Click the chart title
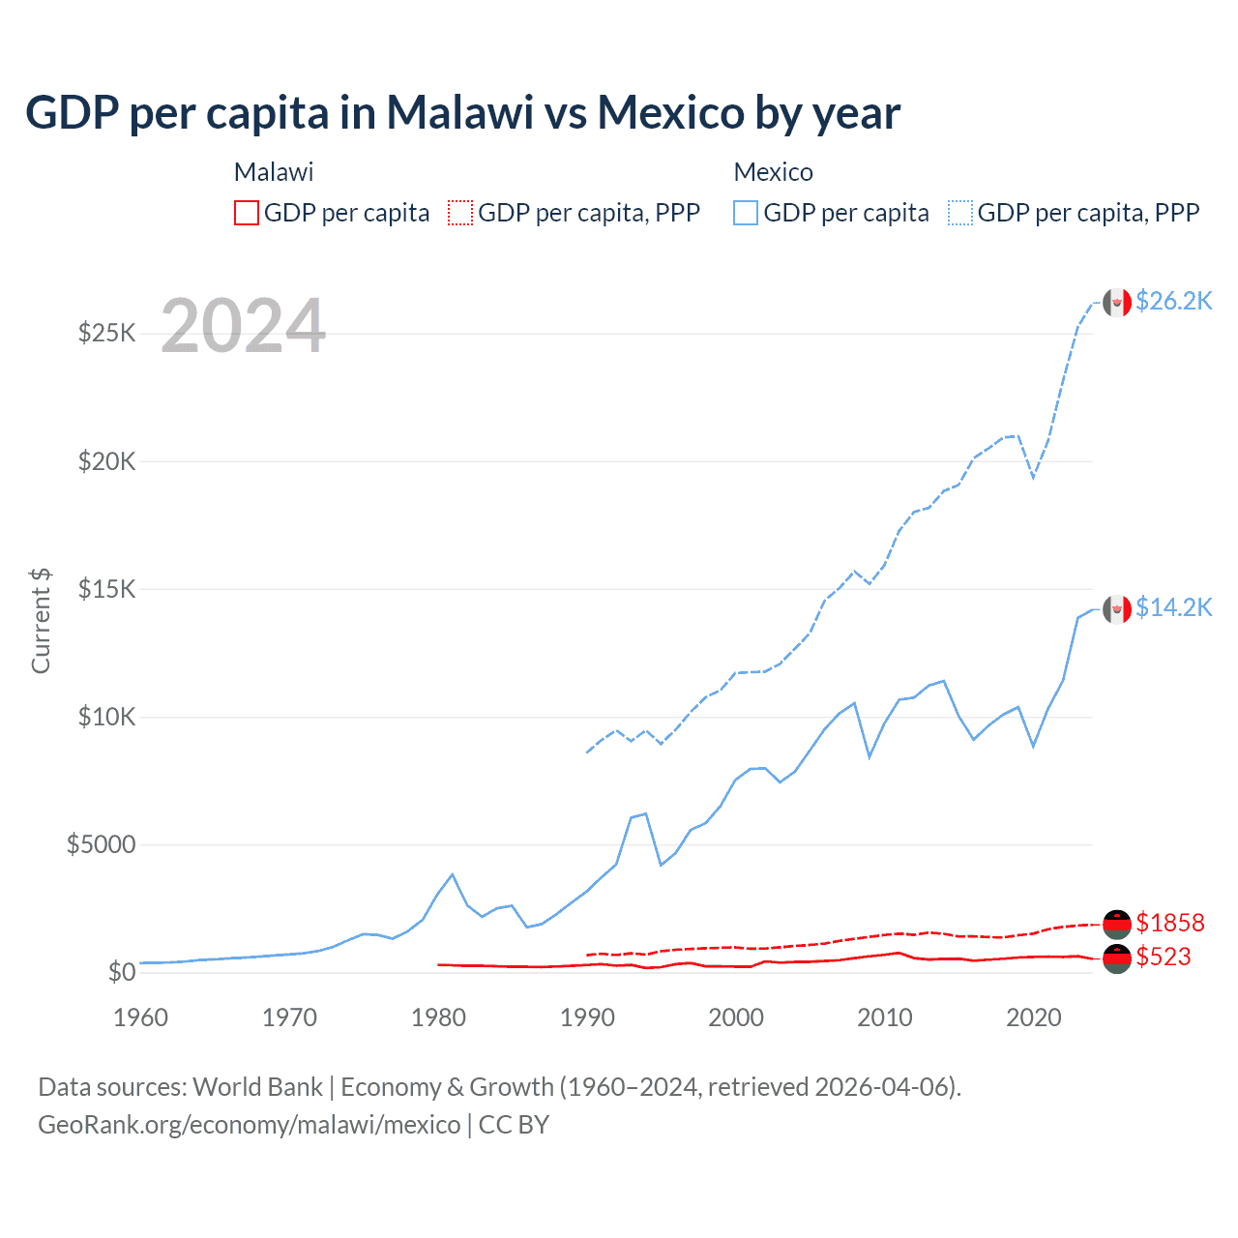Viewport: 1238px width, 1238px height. [x=462, y=113]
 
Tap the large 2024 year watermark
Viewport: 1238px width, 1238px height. [x=243, y=326]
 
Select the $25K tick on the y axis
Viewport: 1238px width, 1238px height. [x=107, y=334]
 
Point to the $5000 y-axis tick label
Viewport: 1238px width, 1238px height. [x=101, y=844]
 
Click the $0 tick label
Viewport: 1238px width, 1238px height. [x=121, y=972]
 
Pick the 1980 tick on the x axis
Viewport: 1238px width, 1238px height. [x=438, y=1017]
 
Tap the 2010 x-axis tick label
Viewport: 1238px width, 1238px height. [x=885, y=1017]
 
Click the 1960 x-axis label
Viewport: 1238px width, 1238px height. [x=141, y=1017]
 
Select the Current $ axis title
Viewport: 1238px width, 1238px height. [x=41, y=620]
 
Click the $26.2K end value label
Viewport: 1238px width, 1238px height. [x=1173, y=302]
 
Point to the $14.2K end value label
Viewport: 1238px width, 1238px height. [x=1173, y=607]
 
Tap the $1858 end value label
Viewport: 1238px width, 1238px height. [x=1170, y=923]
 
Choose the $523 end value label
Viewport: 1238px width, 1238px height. [x=1164, y=957]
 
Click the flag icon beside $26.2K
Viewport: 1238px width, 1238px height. [x=1117, y=303]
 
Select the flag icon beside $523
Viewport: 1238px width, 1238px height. [x=1117, y=958]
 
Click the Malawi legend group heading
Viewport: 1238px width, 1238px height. [x=274, y=172]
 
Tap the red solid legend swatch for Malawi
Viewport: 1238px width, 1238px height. [x=247, y=213]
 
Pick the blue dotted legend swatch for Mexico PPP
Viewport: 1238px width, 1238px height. [x=960, y=213]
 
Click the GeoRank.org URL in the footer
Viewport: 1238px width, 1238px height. [x=250, y=1125]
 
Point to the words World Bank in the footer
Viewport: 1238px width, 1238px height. [x=257, y=1087]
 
